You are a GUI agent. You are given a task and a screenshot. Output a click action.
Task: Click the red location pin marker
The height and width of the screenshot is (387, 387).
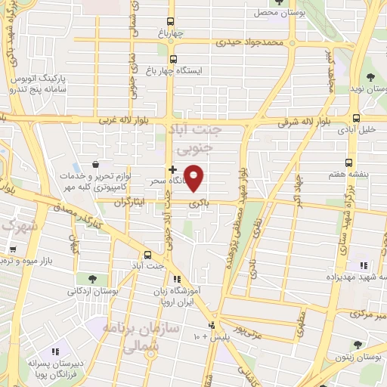point(195,178)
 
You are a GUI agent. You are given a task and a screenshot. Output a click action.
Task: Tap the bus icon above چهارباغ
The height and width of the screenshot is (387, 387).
point(172,22)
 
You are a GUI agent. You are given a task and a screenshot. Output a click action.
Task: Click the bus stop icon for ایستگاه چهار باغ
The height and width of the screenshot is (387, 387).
point(174,59)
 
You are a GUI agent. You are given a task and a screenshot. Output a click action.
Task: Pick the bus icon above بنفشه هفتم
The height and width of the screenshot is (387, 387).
point(348,163)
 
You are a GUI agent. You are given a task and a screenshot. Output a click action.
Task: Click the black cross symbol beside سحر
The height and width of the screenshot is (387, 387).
point(173,169)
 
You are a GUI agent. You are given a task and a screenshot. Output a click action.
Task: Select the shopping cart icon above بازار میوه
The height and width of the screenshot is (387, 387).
point(11,249)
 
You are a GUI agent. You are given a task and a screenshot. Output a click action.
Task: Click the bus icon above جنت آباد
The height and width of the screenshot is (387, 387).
point(147,255)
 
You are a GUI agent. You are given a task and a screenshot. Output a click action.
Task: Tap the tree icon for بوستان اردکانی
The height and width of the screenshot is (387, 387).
point(91,279)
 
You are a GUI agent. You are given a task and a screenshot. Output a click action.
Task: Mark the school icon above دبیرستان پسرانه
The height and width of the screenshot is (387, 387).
point(55,351)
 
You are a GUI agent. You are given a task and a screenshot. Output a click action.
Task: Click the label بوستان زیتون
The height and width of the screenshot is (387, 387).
point(356,356)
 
